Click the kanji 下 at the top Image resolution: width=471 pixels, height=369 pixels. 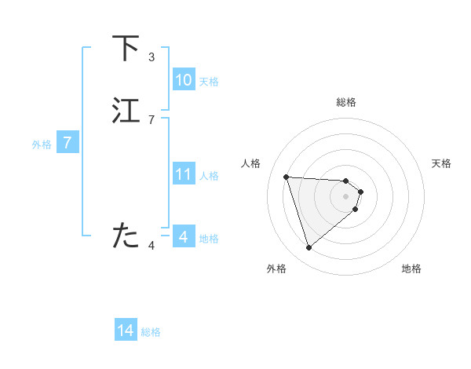[x=126, y=49]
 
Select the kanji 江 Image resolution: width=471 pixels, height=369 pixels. [x=126, y=111]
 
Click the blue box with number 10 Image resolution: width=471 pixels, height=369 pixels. [x=184, y=80]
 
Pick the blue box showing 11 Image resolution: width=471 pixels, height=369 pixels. [x=184, y=174]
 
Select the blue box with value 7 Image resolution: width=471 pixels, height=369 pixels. [x=68, y=143]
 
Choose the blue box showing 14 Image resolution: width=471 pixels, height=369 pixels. [x=126, y=331]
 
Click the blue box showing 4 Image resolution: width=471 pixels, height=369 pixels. [x=184, y=236]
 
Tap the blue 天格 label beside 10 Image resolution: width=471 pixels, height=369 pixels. [x=209, y=82]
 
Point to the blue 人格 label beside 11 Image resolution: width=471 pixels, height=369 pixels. [x=210, y=176]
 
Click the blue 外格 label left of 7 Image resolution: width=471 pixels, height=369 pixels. [x=42, y=144]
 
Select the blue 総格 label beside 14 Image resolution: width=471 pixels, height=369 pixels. [x=151, y=332]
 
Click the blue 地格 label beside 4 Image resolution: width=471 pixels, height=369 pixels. [x=209, y=239]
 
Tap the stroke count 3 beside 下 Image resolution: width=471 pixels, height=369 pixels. [x=152, y=57]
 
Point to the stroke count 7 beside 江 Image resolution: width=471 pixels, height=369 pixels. [x=152, y=119]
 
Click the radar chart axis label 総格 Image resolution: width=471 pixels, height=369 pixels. [x=346, y=102]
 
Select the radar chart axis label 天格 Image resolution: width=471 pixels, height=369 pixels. [x=442, y=163]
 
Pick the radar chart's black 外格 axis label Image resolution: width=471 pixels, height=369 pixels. [x=276, y=269]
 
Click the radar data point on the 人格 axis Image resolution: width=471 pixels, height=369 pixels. [x=287, y=177]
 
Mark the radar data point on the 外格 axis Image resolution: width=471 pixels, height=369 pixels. [x=309, y=247]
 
